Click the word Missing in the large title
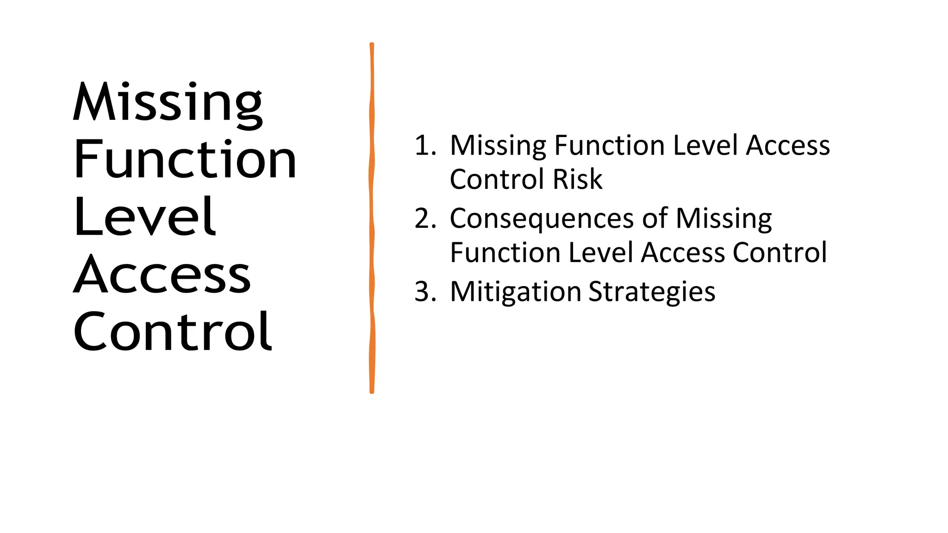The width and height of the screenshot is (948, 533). pyautogui.click(x=168, y=103)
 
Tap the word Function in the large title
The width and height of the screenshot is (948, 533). pyautogui.click(x=185, y=160)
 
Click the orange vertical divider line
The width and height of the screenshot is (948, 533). pyautogui.click(x=372, y=218)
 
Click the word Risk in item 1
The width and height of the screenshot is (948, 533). pyautogui.click(x=578, y=179)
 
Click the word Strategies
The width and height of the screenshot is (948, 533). pyautogui.click(x=652, y=293)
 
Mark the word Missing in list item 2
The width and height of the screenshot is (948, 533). pyautogui.click(x=724, y=219)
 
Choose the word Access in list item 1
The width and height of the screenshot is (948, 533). pyautogui.click(x=788, y=145)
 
